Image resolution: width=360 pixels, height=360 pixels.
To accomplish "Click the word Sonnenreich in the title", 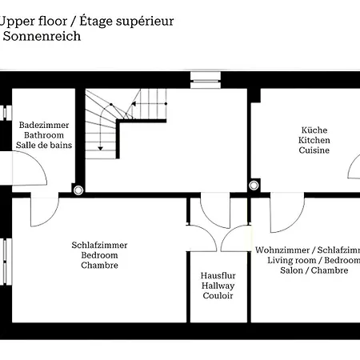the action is pos(42,36).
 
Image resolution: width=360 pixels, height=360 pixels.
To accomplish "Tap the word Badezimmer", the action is pos(44,125).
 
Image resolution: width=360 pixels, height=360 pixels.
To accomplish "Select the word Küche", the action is pos(314,130).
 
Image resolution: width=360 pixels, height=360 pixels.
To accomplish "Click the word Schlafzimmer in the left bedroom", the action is pos(99,245).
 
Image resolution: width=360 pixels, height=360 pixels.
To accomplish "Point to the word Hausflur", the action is pos(218,275).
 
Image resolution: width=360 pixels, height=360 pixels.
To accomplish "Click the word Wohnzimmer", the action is pos(282,250).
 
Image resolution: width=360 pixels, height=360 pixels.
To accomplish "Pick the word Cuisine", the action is pos(314,150).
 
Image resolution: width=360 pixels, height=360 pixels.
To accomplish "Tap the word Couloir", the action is pos(218,295).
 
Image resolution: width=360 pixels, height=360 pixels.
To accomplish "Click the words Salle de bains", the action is pos(44,145).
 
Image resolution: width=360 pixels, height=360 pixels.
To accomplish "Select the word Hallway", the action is pos(218,286).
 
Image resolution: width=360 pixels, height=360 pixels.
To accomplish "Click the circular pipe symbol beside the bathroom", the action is pos(78,190).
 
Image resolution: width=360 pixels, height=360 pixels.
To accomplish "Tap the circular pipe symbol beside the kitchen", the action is pos(254,185).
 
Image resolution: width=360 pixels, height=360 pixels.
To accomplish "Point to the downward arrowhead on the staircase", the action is pos(100,148).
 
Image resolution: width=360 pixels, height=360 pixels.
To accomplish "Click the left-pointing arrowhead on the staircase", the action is pos(134,104).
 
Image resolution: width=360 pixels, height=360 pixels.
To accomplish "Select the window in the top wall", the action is pos(206,80).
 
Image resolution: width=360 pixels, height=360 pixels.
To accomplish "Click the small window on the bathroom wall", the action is pos(6,113).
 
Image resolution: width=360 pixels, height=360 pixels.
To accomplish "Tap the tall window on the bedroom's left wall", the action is pos(6,262).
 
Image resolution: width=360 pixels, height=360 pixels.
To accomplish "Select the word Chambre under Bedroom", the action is pos(99,265).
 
